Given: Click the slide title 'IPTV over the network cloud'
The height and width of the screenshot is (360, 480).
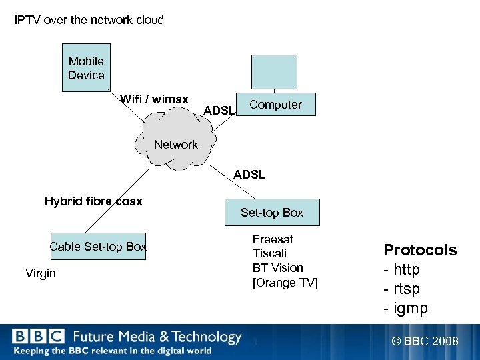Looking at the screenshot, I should (89, 20).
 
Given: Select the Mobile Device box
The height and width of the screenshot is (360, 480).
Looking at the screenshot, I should (86, 68).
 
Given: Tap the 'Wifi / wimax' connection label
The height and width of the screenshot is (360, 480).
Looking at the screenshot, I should (154, 99).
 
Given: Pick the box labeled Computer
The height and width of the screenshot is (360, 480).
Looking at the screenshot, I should (275, 105).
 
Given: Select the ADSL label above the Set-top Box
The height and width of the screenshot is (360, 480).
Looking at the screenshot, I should (249, 175).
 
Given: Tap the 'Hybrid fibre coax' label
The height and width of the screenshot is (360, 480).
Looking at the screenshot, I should (93, 201).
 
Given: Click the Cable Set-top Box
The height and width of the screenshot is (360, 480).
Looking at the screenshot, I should (98, 247).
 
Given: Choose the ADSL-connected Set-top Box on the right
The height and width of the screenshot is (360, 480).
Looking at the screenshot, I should (272, 213).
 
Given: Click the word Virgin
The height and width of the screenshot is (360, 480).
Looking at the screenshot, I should (41, 273).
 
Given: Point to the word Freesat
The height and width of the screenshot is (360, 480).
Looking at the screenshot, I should (273, 239).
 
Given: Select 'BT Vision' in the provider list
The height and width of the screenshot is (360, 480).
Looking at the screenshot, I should (277, 268).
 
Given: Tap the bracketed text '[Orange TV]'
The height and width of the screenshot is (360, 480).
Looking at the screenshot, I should (285, 283).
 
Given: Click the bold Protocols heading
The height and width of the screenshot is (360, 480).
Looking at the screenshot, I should (420, 250).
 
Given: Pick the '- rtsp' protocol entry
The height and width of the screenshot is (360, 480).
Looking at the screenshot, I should (402, 289).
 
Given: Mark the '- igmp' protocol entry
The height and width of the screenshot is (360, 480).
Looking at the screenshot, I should (405, 309).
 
